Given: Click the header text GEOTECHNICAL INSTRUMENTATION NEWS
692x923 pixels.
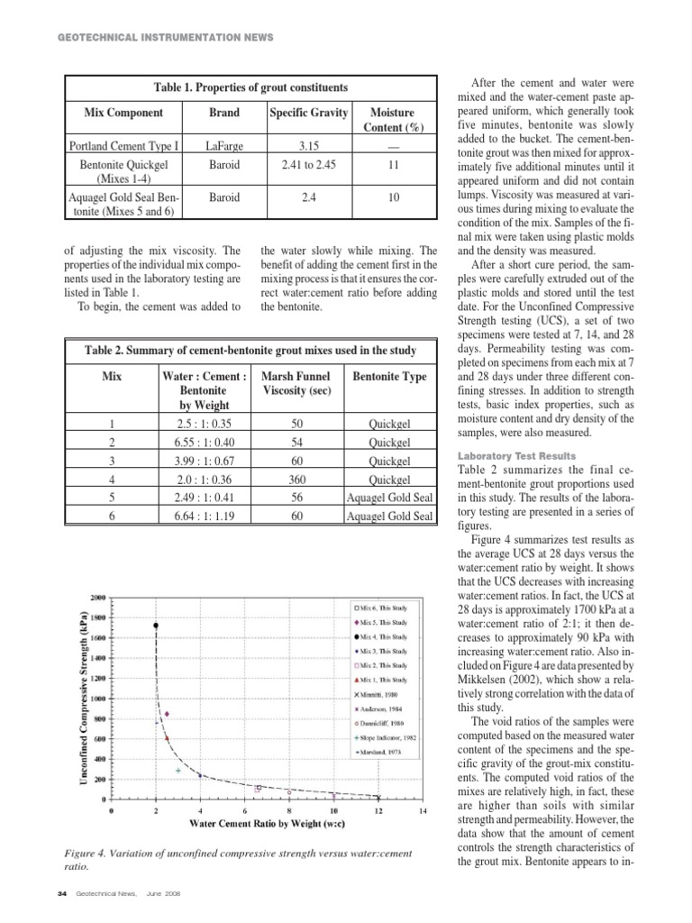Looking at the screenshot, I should click(x=165, y=37).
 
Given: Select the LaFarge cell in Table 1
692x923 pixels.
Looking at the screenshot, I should click(x=224, y=145).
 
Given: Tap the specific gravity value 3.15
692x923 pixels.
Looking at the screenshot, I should click(x=308, y=145).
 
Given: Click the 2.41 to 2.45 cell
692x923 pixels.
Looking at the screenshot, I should click(x=308, y=165).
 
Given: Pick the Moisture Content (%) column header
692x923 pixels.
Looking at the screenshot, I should click(x=393, y=120).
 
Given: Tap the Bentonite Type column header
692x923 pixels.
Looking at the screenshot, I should click(x=389, y=377).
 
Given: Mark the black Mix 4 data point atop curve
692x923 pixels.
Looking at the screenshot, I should click(x=156, y=625).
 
